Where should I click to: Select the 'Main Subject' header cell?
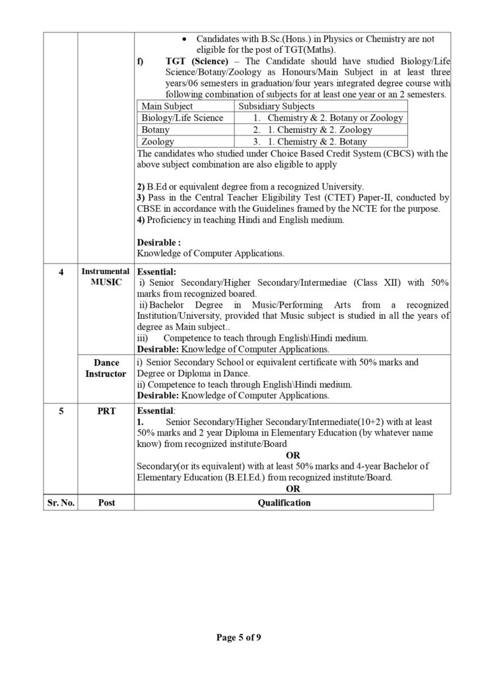[x=168, y=106]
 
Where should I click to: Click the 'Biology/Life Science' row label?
[x=182, y=118]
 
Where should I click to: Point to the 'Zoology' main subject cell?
[x=158, y=141]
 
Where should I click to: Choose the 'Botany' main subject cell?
[x=156, y=129]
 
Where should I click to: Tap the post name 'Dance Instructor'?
[x=106, y=368]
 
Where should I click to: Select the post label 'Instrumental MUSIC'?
[x=106, y=277]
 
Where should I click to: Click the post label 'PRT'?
[x=106, y=411]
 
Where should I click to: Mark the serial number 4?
[x=61, y=271]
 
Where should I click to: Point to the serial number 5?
[x=61, y=411]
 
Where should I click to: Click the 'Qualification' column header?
[x=283, y=502]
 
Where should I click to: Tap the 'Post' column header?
[x=106, y=502]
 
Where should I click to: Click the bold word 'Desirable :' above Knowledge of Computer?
[x=158, y=242]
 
